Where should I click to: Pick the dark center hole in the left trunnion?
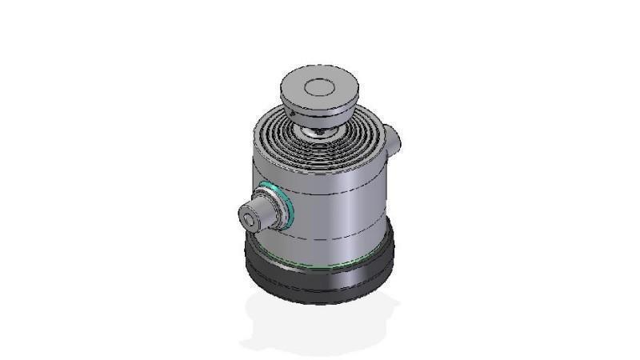tap(255, 214)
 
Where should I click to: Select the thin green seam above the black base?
tap(320, 265)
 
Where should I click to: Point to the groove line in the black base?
tap(320, 274)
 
